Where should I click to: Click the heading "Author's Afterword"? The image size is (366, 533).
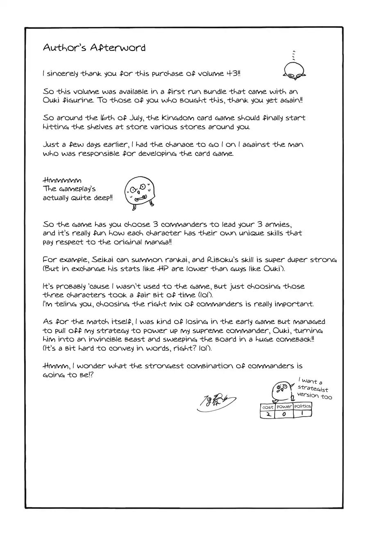click(x=94, y=48)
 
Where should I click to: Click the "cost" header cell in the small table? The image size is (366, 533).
click(x=268, y=407)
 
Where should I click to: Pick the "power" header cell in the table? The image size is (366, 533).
click(x=284, y=407)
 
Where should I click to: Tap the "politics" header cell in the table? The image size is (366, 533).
click(x=302, y=406)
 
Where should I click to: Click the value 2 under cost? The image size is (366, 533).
click(x=268, y=414)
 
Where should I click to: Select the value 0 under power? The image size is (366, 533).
click(x=284, y=414)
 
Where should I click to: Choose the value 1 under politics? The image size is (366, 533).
click(x=302, y=414)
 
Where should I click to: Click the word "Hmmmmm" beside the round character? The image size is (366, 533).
click(x=62, y=180)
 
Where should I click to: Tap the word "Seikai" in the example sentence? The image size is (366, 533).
click(x=104, y=260)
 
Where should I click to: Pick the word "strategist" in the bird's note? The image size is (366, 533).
click(x=313, y=389)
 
